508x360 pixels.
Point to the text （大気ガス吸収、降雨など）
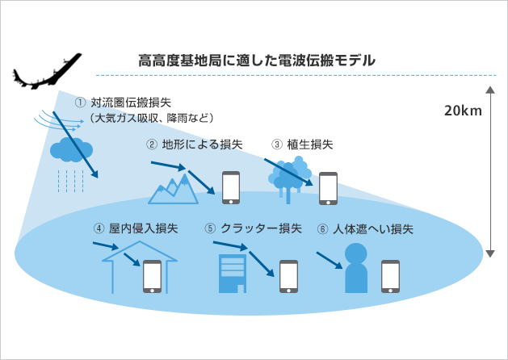pos(150,118)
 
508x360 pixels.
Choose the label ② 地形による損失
pos(194,144)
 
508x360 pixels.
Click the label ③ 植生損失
pos(303,144)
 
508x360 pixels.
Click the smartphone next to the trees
pos(328,187)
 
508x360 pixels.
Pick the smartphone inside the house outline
pos(152,275)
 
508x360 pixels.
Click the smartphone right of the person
pos(391,275)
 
